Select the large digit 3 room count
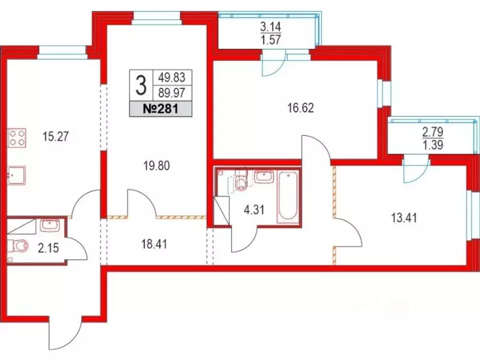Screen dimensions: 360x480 141,84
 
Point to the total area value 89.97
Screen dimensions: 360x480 172,93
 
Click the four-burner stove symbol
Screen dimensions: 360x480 18,138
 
